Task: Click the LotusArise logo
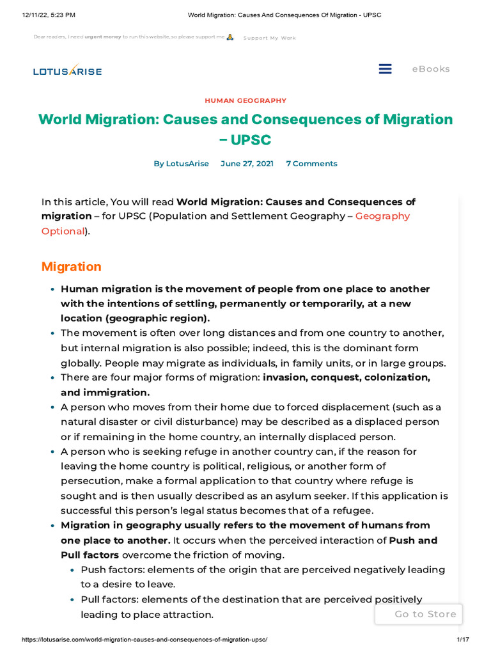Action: click(x=67, y=70)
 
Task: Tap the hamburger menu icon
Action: click(x=385, y=69)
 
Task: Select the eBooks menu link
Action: click(x=430, y=69)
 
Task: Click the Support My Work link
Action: click(x=270, y=38)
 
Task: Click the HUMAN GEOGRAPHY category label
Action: click(x=245, y=100)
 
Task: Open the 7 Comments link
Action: click(x=311, y=164)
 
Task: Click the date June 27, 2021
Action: click(x=247, y=164)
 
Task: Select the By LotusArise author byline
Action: click(x=181, y=164)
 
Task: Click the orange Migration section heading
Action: click(x=71, y=266)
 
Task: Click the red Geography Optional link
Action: click(x=382, y=216)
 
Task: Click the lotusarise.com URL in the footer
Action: click(x=144, y=640)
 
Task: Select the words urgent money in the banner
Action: click(x=103, y=38)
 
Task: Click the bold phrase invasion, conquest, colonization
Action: click(x=346, y=377)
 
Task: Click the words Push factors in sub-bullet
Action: click(x=109, y=569)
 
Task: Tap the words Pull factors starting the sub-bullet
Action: click(x=108, y=599)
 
